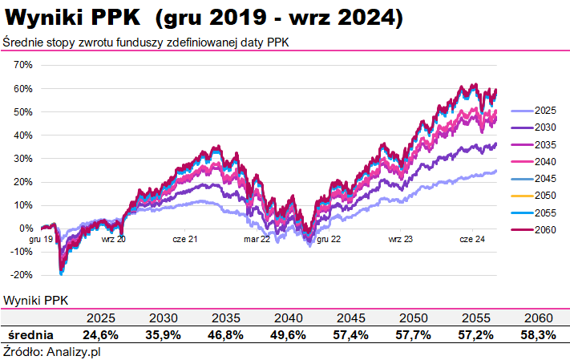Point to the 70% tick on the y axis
tap(23, 65)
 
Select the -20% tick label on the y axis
tap(21, 275)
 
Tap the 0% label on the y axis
tap(26, 229)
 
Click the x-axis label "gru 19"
tap(42, 239)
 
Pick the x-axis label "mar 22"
tap(257, 239)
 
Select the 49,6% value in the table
tap(286, 334)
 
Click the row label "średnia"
tap(31, 334)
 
